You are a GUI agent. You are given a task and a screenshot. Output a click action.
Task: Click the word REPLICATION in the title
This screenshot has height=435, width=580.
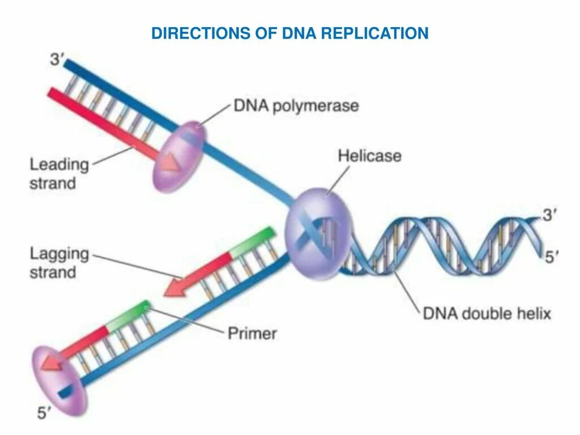374,33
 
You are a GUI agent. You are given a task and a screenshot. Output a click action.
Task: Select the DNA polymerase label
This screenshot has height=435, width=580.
296,106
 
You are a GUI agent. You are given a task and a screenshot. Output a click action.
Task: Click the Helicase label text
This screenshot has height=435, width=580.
369,156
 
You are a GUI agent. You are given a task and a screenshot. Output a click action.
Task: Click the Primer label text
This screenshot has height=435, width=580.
252,333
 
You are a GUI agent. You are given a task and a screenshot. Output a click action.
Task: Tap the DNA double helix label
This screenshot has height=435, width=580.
487,313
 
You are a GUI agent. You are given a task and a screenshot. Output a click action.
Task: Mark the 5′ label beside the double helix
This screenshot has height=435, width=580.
551,257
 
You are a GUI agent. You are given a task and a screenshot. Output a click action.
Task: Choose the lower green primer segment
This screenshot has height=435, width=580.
128,315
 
